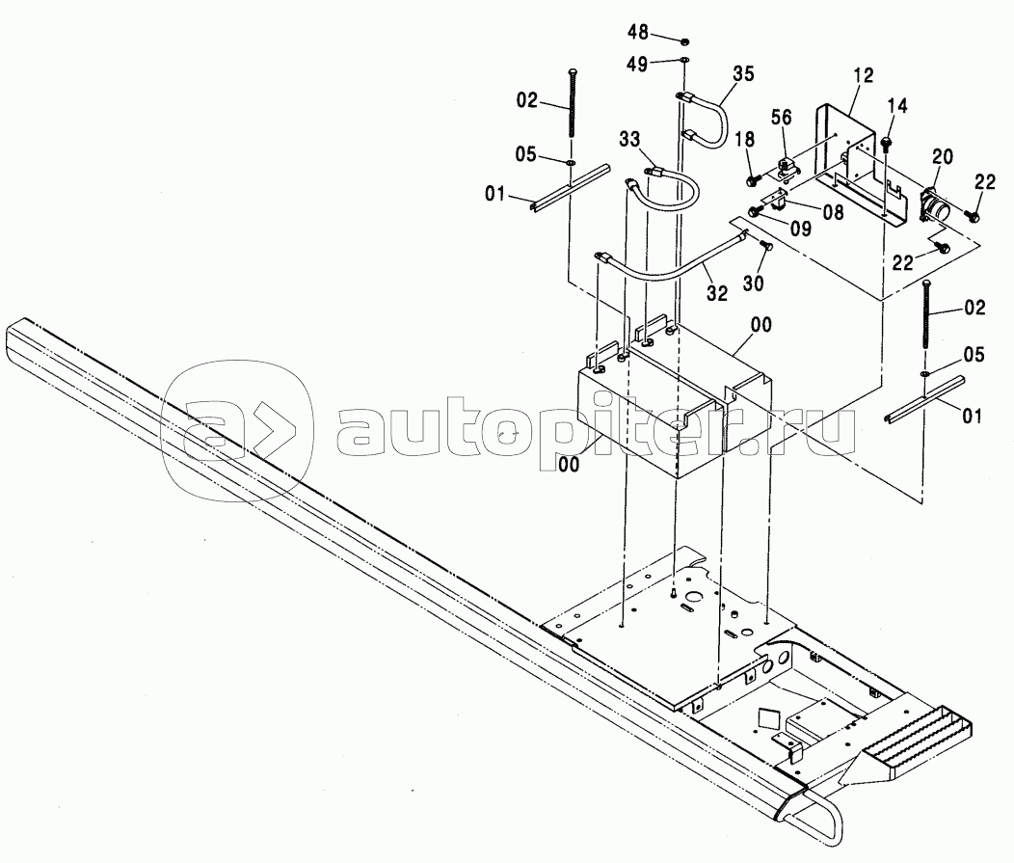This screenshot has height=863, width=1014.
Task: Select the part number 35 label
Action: pos(742,73)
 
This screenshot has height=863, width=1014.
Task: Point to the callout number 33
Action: pos(628,141)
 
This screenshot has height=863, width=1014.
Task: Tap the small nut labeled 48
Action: pos(683,41)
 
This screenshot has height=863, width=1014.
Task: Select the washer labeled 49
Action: pos(683,62)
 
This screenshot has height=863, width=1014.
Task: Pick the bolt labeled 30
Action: pos(766,246)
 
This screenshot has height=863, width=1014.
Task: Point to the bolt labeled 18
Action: pos(751,180)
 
